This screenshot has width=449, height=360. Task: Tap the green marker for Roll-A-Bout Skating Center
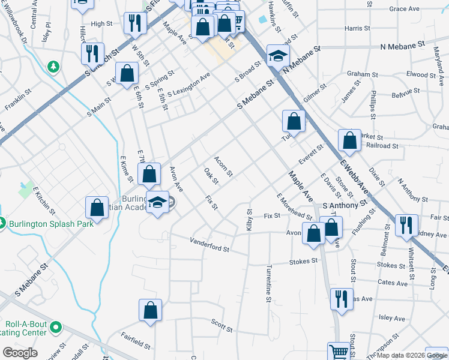56,328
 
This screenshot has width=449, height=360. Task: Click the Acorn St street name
223,167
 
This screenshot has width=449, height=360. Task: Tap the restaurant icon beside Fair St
406,226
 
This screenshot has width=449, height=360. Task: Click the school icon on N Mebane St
277,56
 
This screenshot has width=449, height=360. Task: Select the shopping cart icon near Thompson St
339,352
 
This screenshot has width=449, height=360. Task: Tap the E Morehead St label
294,207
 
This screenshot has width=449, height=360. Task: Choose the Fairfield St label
135,340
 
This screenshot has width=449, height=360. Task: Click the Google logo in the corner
20,353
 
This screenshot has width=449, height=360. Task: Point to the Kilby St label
249,220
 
